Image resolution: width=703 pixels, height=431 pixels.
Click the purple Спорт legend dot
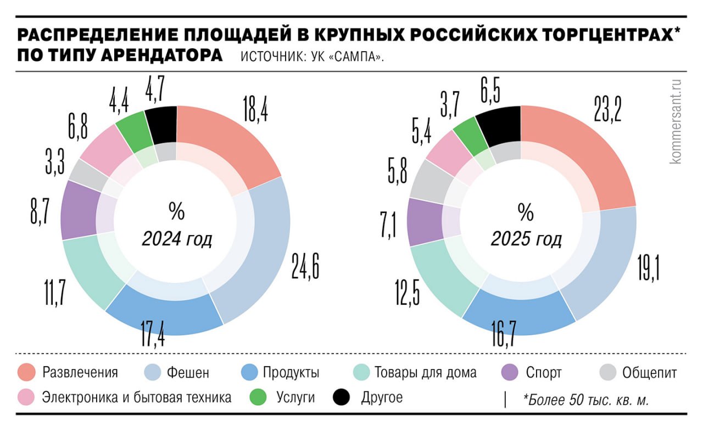(x=510, y=373)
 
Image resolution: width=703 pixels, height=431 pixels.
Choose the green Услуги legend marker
(x=258, y=397)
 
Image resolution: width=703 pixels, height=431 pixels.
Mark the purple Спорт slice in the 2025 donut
(x=425, y=222)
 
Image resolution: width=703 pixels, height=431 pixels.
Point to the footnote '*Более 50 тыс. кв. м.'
(x=586, y=400)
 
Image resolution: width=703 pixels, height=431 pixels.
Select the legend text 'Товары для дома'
(x=425, y=373)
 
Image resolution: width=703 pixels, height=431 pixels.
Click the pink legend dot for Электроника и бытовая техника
(x=26, y=397)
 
